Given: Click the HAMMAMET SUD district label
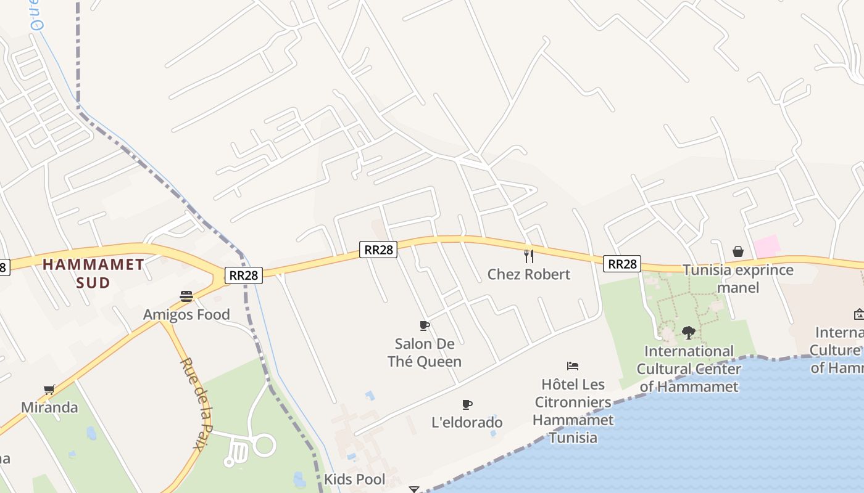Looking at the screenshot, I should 93,274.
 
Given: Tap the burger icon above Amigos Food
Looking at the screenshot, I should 186,296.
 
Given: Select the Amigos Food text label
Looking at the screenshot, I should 186,315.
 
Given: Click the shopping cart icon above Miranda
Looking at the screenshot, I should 49,389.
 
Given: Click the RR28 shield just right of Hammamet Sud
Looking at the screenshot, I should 243,275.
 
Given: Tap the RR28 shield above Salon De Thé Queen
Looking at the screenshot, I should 378,250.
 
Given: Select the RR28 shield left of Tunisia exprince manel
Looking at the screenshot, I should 622,264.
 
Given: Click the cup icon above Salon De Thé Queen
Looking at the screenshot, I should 425,325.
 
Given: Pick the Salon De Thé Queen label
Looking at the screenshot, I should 425,352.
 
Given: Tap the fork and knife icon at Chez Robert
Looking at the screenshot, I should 528,255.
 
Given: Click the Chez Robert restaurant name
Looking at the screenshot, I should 529,274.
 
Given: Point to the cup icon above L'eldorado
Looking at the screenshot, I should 467,404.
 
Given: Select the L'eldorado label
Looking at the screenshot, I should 467,423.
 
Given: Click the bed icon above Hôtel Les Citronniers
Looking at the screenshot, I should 573,366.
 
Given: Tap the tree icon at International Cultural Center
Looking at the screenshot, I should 689,333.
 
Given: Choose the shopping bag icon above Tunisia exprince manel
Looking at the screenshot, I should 737,251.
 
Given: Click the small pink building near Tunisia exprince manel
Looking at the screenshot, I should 766,246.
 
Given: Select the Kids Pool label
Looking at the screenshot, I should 355,479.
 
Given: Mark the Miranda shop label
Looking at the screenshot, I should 49,408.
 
